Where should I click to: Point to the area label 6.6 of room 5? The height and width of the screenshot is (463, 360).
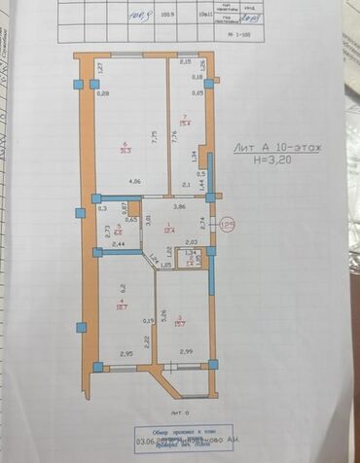(118, 232)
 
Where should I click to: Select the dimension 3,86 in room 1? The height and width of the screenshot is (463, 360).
(178, 206)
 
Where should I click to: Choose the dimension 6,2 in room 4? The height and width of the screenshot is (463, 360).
(125, 289)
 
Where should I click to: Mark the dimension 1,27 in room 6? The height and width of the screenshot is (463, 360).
(100, 69)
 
